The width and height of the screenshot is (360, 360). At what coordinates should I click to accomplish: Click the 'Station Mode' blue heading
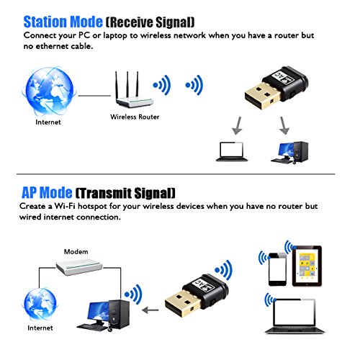click(x=63, y=22)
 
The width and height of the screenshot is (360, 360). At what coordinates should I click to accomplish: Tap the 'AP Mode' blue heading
click(x=47, y=192)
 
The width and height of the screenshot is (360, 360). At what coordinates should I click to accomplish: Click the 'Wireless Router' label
click(x=135, y=117)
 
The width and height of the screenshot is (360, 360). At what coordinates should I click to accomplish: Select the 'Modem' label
click(x=76, y=251)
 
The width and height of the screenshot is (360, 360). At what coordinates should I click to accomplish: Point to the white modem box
click(x=79, y=267)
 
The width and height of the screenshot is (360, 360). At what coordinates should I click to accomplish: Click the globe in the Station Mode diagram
click(x=49, y=91)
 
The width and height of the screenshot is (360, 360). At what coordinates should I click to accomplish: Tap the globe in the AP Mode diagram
click(x=40, y=305)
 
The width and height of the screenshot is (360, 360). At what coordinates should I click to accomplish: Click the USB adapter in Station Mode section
click(x=276, y=89)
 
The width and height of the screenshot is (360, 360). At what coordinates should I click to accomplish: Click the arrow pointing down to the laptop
click(x=238, y=126)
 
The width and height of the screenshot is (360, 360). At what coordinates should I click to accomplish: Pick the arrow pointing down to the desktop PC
click(x=284, y=126)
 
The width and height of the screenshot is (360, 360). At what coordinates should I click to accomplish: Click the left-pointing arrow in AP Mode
click(x=150, y=310)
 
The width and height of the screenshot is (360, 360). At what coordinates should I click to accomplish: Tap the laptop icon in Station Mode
click(x=232, y=151)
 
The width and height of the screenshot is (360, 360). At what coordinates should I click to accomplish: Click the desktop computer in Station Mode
click(x=289, y=153)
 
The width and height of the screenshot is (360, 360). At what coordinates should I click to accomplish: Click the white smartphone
click(x=277, y=269)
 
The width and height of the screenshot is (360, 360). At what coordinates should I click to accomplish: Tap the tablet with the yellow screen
click(x=307, y=266)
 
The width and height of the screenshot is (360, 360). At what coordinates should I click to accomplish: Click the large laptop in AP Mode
click(x=294, y=316)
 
